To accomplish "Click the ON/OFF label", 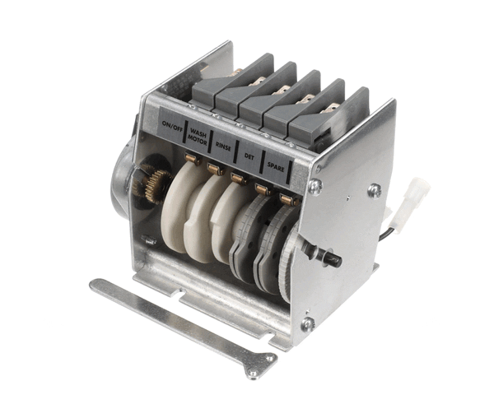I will (x=172, y=126).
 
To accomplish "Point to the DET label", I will (x=249, y=154).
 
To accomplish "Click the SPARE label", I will (x=276, y=165).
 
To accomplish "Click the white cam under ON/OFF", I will (x=176, y=214).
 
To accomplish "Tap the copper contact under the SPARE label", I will (x=287, y=200).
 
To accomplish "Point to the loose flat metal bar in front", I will (x=181, y=317).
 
